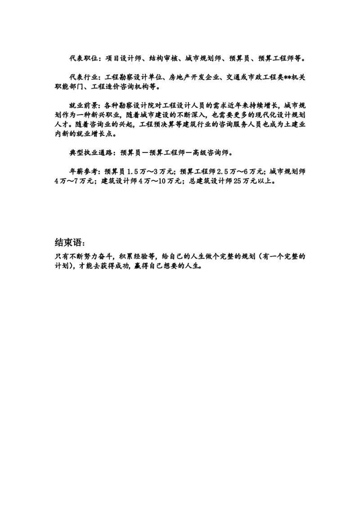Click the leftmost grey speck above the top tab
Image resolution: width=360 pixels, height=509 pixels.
click(x=207, y=261)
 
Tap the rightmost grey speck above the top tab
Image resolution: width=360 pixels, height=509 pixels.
click(x=304, y=261)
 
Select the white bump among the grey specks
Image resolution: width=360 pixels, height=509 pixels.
click(x=257, y=261)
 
